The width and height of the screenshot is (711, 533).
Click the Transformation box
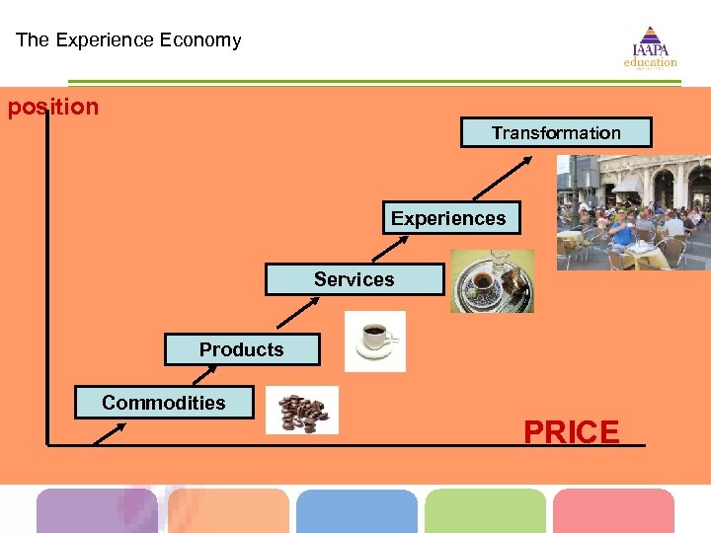point(556,132)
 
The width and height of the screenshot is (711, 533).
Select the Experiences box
point(450,218)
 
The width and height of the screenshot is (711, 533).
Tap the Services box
point(355,279)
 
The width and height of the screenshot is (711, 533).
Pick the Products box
point(243,349)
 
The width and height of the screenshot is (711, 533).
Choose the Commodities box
point(164,403)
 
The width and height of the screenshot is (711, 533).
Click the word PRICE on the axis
point(572,432)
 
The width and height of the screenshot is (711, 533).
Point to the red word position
point(53,107)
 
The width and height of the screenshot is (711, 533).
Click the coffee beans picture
point(302,410)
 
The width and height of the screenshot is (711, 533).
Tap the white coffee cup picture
point(374,341)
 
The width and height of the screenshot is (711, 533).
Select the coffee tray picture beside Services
point(492,280)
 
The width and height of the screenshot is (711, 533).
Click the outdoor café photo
point(633,212)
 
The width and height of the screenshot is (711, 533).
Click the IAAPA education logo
point(650,47)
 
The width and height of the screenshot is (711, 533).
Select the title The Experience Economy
point(128,40)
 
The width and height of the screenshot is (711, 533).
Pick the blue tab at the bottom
point(356,511)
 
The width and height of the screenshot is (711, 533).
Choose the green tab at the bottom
point(485,511)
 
